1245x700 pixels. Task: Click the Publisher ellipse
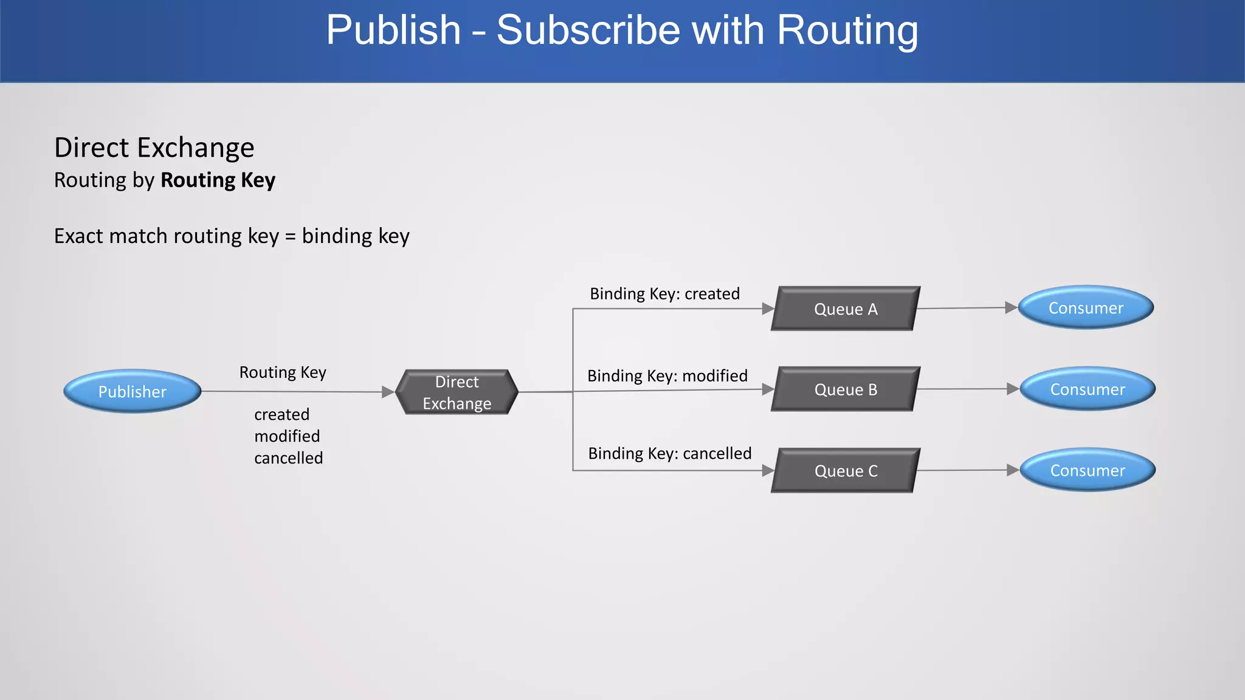[133, 392]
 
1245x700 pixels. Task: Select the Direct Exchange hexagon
[457, 393]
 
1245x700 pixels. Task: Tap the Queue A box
[846, 309]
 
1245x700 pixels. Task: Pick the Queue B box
[846, 389]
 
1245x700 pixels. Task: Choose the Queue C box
[846, 471]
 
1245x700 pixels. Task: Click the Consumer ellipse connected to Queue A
[1086, 308]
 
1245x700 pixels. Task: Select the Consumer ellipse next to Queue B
[1088, 389]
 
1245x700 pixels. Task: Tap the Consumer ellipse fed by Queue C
[1088, 470]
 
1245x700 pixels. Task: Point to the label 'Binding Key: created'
[664, 294]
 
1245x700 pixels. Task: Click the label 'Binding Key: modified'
[667, 376]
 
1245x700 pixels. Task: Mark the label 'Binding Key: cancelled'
[669, 454]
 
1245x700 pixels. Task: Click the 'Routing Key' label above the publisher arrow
[283, 372]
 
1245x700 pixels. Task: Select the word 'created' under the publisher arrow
[281, 414]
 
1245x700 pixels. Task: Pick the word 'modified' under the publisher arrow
[287, 436]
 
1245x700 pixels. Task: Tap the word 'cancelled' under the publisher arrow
[288, 458]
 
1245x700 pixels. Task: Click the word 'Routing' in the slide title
[847, 30]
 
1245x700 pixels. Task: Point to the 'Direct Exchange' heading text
[154, 148]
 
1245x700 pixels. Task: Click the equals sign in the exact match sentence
[290, 236]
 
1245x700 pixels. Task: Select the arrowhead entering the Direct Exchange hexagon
[388, 392]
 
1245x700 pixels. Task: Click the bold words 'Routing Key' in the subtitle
[218, 180]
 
